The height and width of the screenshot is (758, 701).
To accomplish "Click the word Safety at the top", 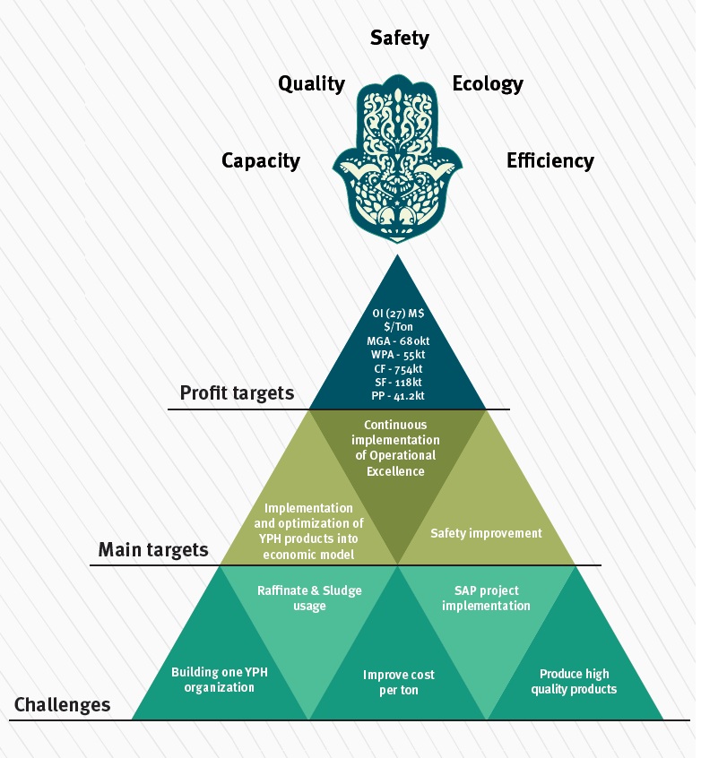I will [399, 39].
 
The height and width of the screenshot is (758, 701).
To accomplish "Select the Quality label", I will [311, 84].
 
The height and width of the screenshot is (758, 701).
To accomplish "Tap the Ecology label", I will [488, 84].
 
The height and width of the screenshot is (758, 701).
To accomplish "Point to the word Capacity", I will [261, 161].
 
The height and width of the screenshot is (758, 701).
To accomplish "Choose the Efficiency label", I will [550, 161].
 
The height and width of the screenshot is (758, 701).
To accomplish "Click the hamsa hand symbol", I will [397, 162].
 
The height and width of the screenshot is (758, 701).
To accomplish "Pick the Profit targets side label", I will [237, 392].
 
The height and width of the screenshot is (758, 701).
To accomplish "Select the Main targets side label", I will [152, 549].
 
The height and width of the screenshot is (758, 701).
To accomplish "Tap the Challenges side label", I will [63, 705].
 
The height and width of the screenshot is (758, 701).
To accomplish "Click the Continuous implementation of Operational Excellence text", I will [395, 447].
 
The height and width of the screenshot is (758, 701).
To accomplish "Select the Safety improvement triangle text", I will [486, 533].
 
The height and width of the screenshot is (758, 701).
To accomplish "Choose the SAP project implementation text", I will [486, 598].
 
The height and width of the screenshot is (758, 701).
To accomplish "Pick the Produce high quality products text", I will [574, 681].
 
